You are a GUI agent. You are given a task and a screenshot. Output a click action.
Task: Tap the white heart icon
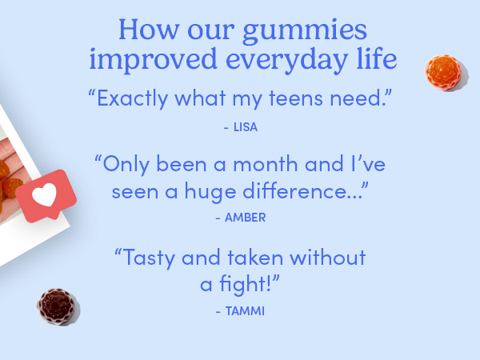pyautogui.click(x=47, y=194)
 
